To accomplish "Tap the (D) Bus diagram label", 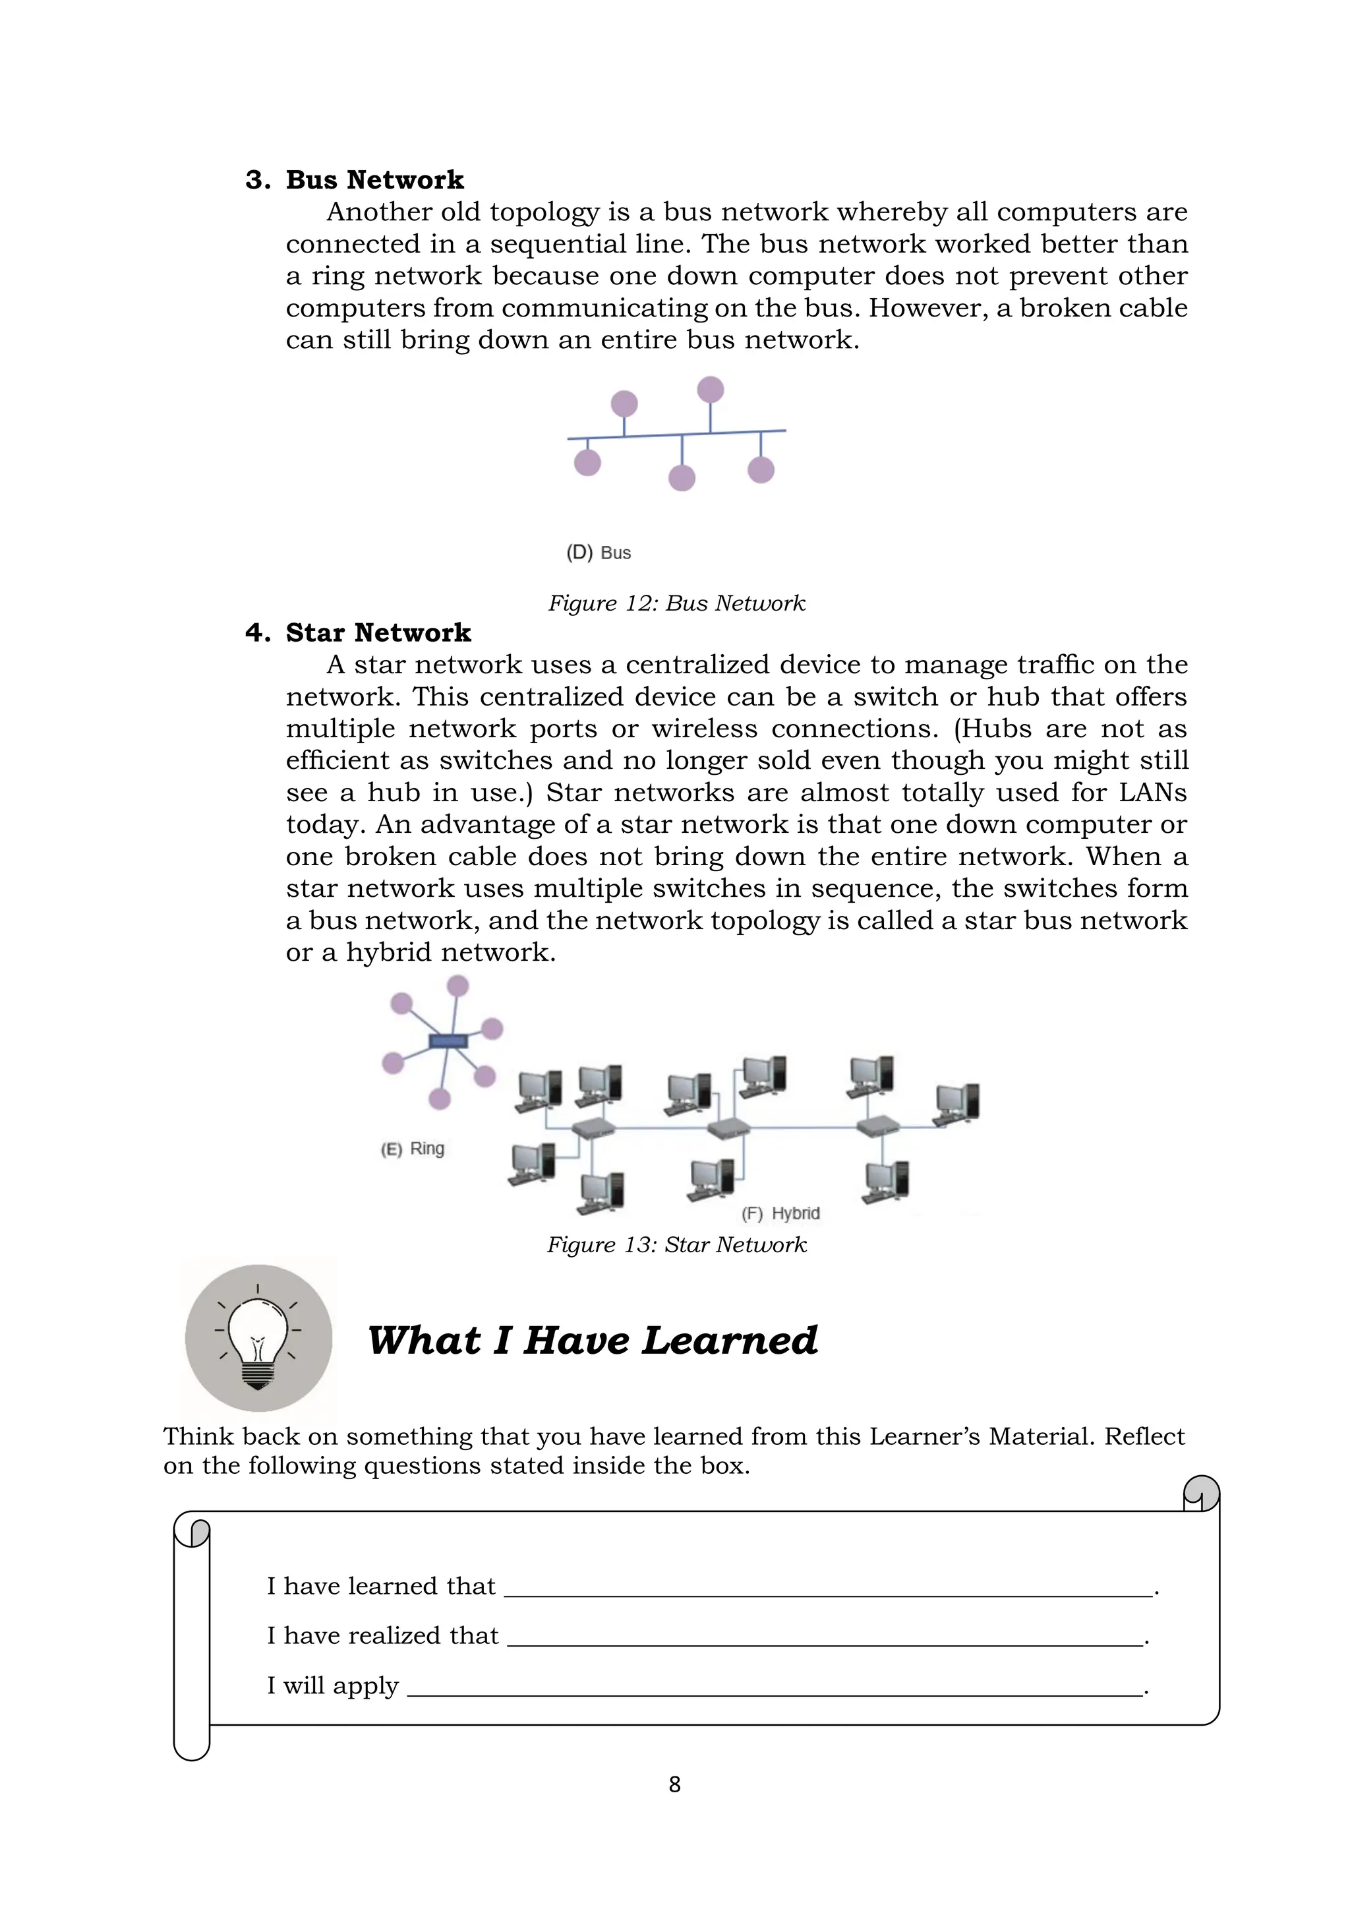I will pos(599,553).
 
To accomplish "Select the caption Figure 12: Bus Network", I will pos(676,603).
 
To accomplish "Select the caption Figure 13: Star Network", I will pos(676,1245).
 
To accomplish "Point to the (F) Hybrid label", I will pos(780,1213).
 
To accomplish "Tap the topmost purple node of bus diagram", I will pos(710,389).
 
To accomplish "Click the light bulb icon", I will pos(258,1338).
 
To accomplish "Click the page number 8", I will pos(674,1784).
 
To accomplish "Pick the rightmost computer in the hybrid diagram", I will pos(958,1103).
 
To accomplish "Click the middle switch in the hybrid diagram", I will pos(728,1128).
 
